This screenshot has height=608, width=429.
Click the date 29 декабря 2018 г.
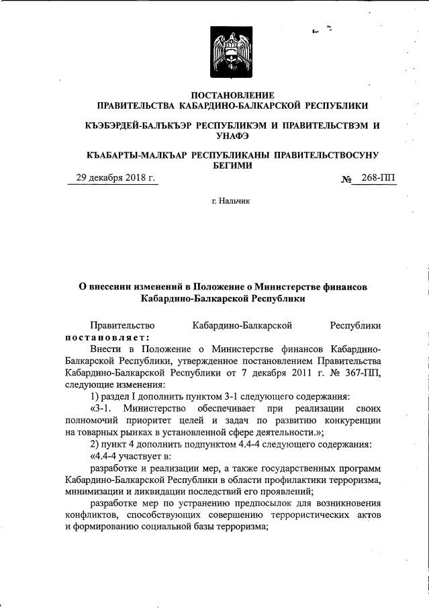pos(115,177)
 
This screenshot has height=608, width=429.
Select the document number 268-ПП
pos(378,177)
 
